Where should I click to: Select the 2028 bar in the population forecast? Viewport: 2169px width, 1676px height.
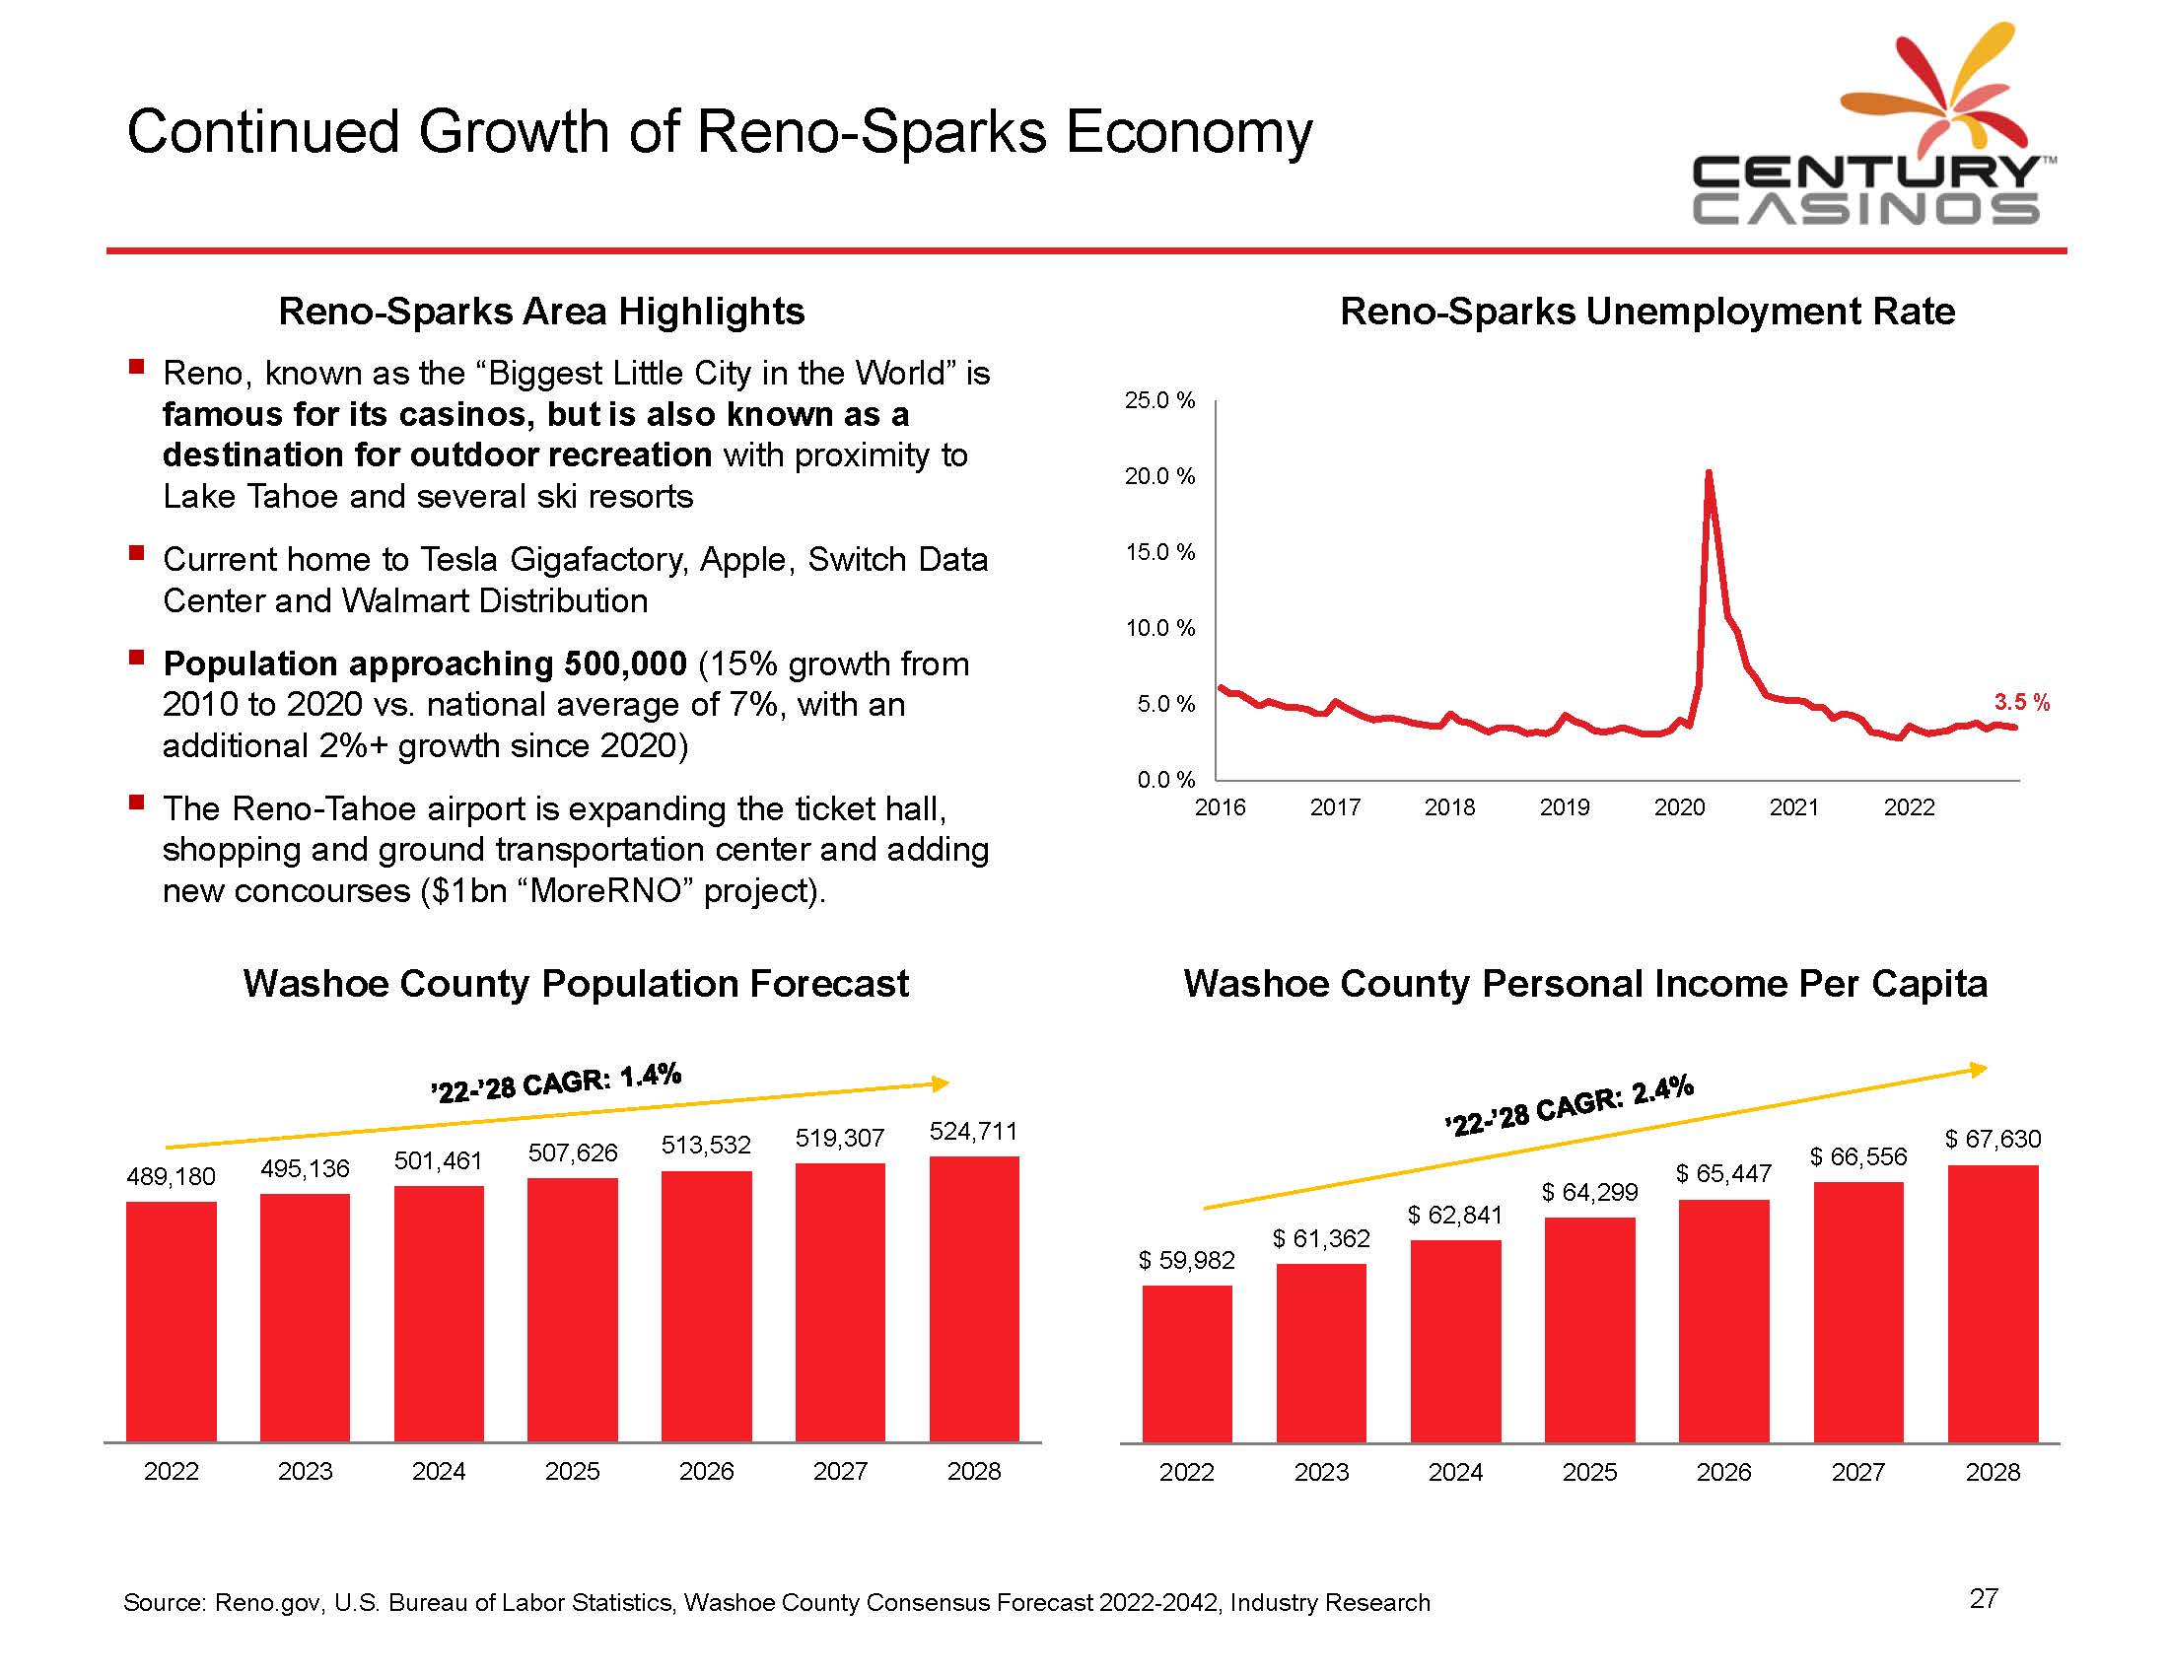[973, 1298]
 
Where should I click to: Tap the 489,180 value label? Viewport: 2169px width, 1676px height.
[171, 1176]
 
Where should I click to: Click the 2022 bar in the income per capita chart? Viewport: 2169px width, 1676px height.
[1187, 1363]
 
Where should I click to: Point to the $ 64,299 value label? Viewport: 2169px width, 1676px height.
[1589, 1193]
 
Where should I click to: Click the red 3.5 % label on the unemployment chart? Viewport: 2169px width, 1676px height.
[2021, 703]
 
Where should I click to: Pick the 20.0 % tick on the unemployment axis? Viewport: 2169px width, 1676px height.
[1159, 476]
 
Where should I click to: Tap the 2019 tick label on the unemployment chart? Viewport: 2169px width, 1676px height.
[1565, 807]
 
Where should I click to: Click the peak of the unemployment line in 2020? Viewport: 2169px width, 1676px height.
[1709, 472]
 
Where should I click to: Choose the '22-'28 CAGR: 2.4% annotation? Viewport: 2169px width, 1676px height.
[1570, 1105]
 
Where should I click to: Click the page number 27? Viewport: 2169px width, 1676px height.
[1984, 1598]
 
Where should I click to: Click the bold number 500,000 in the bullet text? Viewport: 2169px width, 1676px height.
[625, 663]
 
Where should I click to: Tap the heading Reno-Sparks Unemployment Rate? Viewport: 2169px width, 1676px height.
[1646, 312]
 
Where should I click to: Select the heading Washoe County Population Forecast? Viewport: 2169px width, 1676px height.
[575, 984]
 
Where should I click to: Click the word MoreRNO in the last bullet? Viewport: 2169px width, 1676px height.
[605, 890]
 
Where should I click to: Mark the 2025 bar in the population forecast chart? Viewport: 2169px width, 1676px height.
[572, 1309]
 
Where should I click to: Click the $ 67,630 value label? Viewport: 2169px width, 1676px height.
[1993, 1139]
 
